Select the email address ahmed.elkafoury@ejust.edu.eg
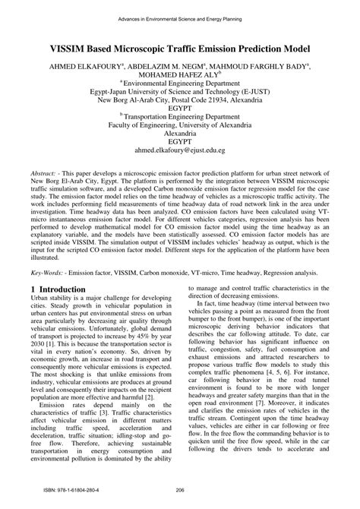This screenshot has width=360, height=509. [x=180, y=150]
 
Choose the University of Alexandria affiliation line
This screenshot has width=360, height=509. [x=180, y=129]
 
